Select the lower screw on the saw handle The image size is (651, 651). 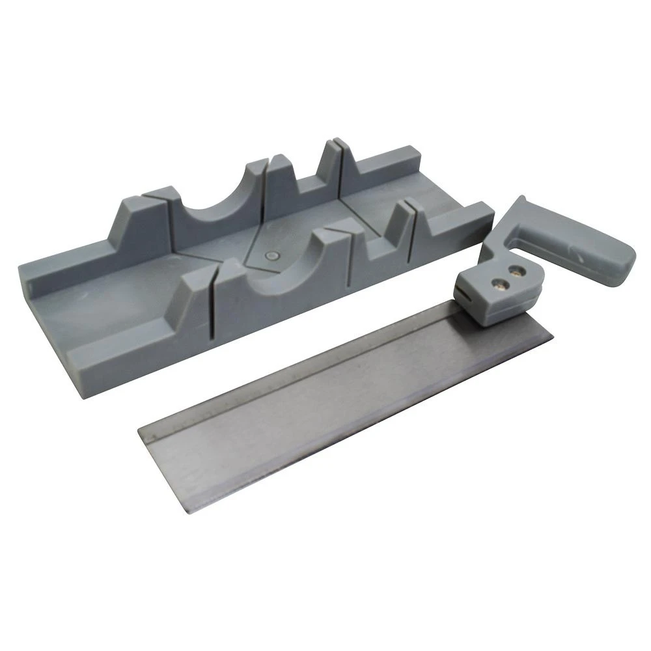(500, 282)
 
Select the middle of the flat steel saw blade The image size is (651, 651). (339, 410)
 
